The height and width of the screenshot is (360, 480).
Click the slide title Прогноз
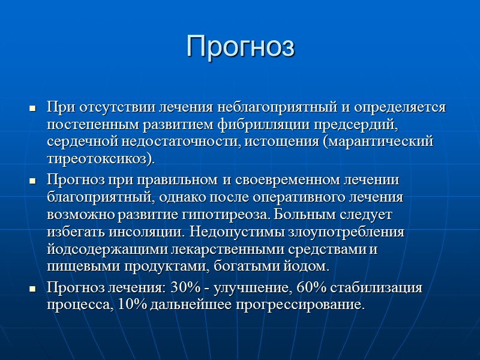click(240, 46)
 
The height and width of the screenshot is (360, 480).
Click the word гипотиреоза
click(224, 214)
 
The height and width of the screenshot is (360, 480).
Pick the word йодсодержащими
click(102, 248)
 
